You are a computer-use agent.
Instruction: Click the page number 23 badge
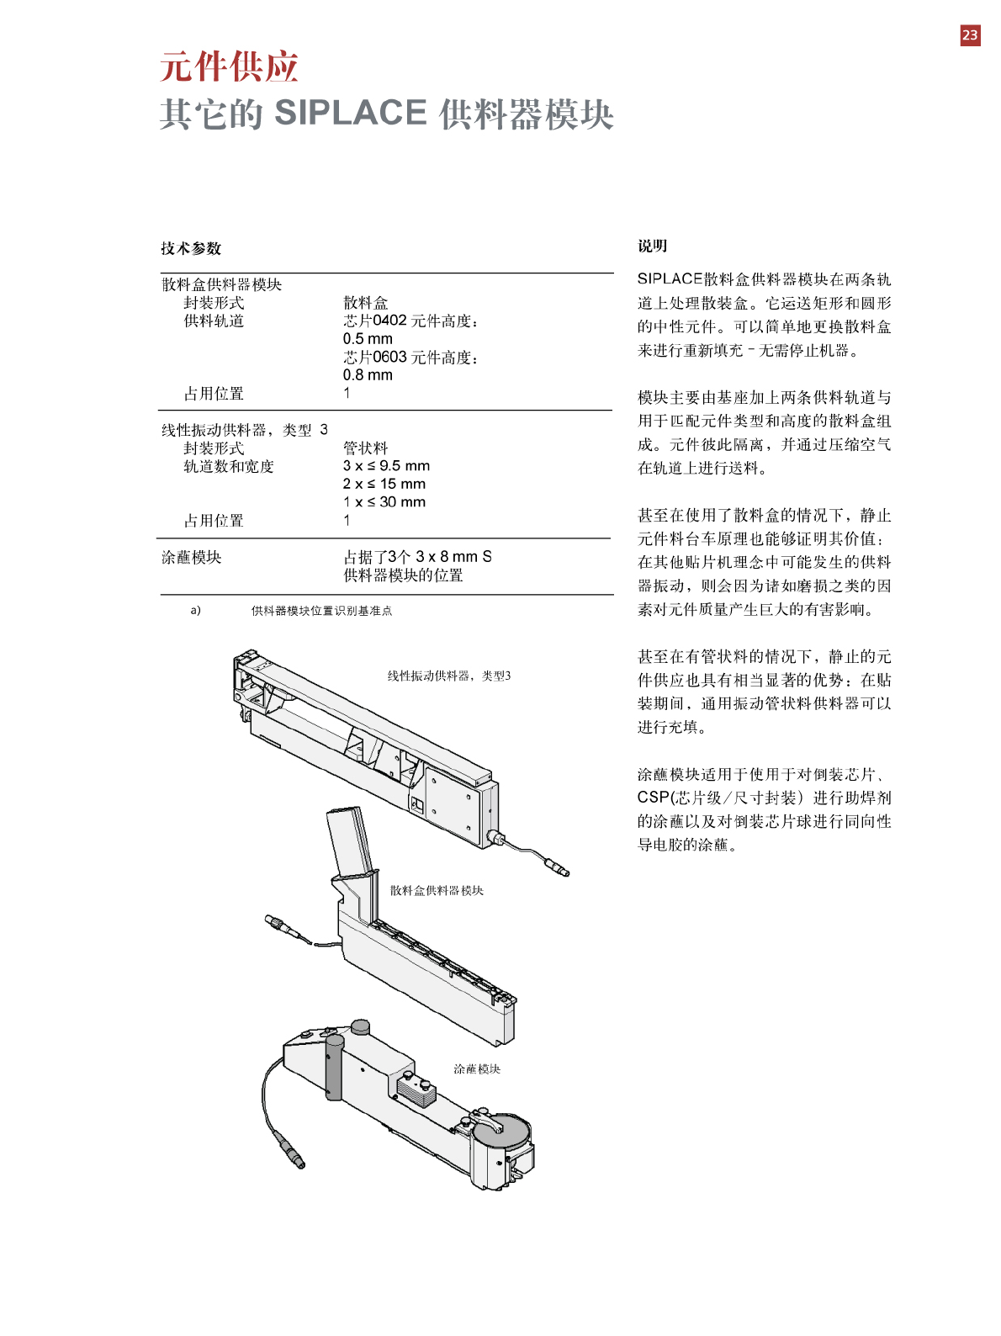970,35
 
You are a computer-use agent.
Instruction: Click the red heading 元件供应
229,67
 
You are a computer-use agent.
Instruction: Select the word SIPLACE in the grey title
351,113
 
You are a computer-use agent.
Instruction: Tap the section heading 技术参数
191,248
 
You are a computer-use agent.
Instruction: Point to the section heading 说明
652,246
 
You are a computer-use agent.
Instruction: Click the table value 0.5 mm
368,339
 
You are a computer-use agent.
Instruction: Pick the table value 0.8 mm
368,375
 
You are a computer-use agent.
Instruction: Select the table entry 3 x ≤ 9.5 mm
386,466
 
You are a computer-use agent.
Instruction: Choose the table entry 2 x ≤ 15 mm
384,484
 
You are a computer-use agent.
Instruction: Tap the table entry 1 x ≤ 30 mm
384,502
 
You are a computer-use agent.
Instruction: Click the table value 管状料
365,448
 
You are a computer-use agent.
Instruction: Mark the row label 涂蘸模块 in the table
192,557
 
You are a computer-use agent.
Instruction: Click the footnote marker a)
195,610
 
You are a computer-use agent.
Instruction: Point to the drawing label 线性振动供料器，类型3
448,676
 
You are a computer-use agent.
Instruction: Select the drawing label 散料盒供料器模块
437,890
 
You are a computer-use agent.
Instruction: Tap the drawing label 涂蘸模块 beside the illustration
477,1068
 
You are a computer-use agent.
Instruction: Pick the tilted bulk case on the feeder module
350,841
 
